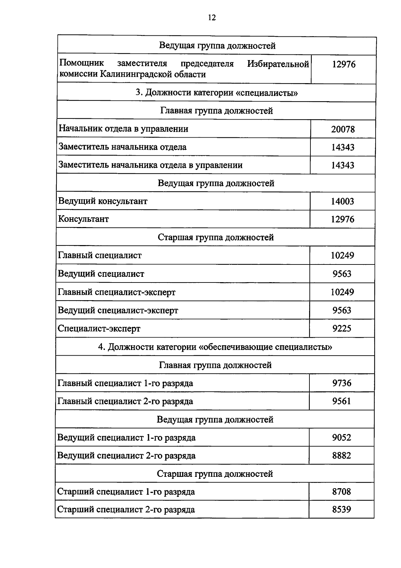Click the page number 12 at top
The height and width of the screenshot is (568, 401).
point(212,18)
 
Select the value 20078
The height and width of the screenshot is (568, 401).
point(343,129)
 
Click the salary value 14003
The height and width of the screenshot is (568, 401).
point(343,201)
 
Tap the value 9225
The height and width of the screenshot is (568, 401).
point(342,329)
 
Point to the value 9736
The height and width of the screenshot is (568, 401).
point(342,383)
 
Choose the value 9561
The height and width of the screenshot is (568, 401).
point(342,401)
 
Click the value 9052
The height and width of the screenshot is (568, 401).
point(342,437)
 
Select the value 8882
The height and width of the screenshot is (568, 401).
point(342,455)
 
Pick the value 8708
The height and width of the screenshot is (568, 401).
point(342,492)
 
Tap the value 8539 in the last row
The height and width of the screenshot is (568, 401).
point(342,510)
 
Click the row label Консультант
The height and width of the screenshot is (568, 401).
point(84,219)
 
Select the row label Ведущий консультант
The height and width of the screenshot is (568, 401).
point(103,201)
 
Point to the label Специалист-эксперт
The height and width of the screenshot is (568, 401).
point(99,329)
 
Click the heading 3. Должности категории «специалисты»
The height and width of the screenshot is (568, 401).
point(217,92)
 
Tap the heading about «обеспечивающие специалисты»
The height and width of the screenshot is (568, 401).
point(215,347)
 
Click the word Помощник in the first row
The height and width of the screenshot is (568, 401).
point(82,63)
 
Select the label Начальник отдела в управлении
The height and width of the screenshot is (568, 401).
point(123,129)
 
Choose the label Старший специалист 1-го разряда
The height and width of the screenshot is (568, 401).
point(126,492)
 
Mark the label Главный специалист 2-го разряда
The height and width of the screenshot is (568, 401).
point(125,401)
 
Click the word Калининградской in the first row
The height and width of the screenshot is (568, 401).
point(137,74)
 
